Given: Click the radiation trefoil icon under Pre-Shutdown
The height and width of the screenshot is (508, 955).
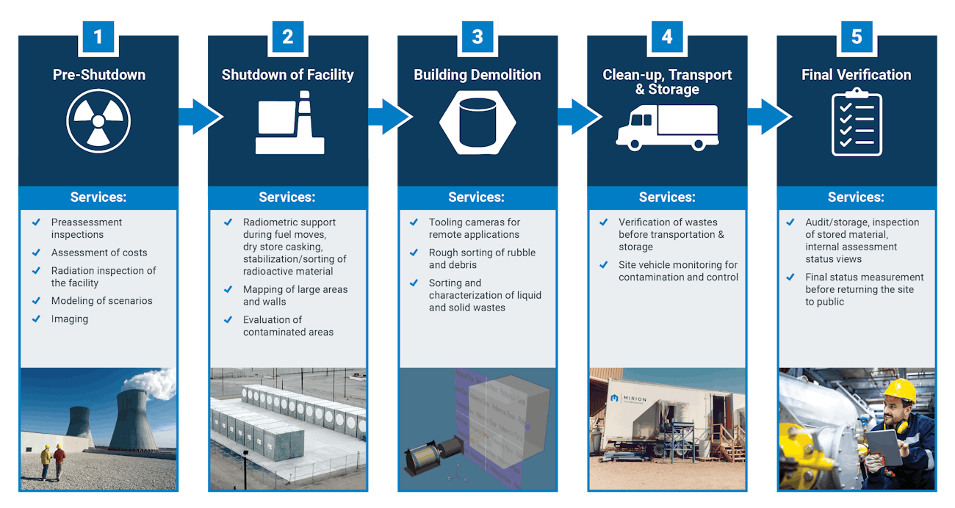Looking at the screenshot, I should [98, 120].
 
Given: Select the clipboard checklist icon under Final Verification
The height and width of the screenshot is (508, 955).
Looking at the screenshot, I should [857, 122].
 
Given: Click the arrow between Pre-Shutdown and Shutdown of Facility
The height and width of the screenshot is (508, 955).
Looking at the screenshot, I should [199, 117].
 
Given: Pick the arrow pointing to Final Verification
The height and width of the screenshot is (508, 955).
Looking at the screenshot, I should [768, 117].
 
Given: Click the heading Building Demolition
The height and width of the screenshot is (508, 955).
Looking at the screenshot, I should [478, 75].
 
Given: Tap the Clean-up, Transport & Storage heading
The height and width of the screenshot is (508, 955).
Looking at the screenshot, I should [667, 81].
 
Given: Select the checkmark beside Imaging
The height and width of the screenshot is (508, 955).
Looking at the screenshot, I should [36, 319].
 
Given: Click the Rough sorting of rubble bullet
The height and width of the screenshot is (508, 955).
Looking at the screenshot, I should [482, 258].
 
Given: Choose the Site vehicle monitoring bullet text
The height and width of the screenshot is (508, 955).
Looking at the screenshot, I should [678, 271].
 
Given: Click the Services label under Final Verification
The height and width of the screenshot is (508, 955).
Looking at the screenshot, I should [856, 197].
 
